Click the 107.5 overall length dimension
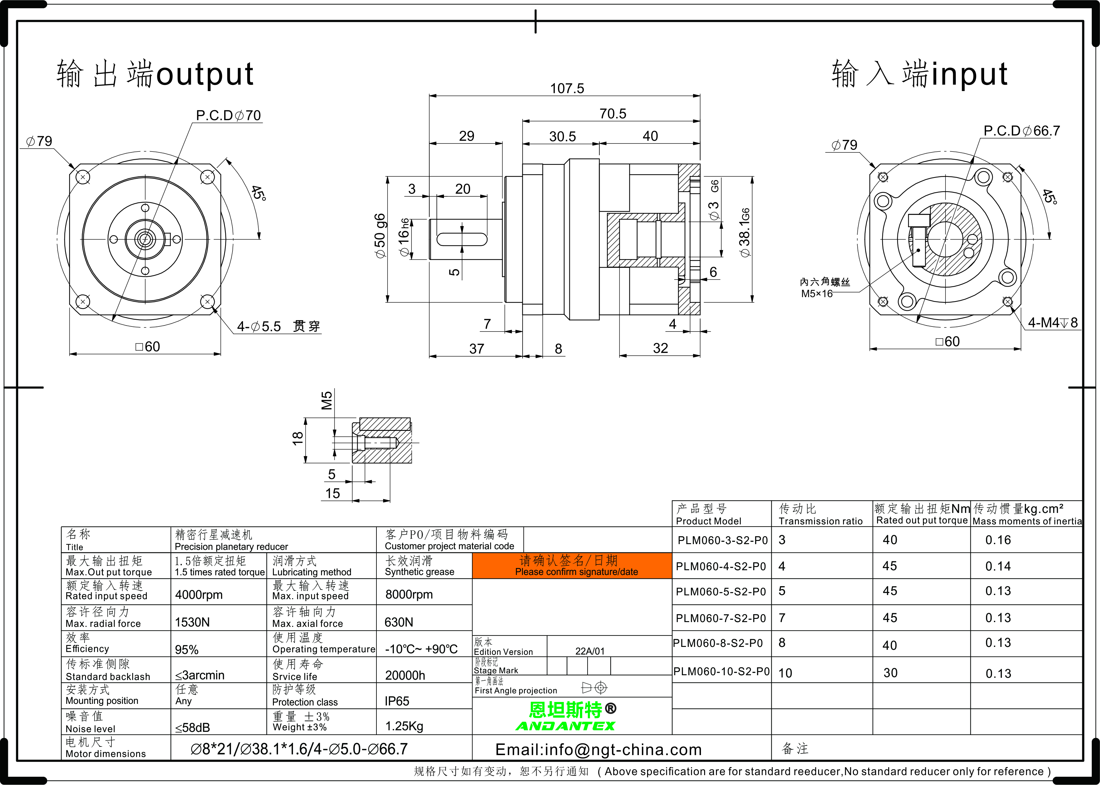pyautogui.click(x=567, y=88)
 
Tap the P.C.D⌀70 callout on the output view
pyautogui.click(x=228, y=116)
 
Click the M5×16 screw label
pyautogui.click(x=817, y=293)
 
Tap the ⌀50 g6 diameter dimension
pyautogui.click(x=380, y=236)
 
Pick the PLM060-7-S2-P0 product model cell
pyautogui.click(x=721, y=618)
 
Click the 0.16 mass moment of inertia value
pyautogui.click(x=998, y=540)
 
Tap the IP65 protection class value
pyautogui.click(x=397, y=701)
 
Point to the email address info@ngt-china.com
pyautogui.click(x=598, y=750)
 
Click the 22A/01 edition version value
pyautogui.click(x=590, y=651)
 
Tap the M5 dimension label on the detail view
pyautogui.click(x=327, y=400)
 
